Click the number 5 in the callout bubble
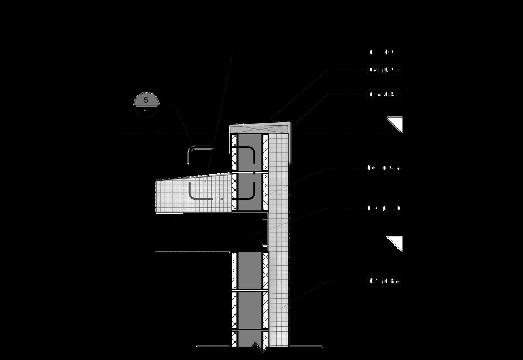point(146,100)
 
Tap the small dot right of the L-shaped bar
point(222,199)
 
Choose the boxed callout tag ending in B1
point(384,95)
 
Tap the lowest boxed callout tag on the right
point(384,281)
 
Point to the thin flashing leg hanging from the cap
point(290,150)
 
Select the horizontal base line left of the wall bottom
point(213,346)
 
